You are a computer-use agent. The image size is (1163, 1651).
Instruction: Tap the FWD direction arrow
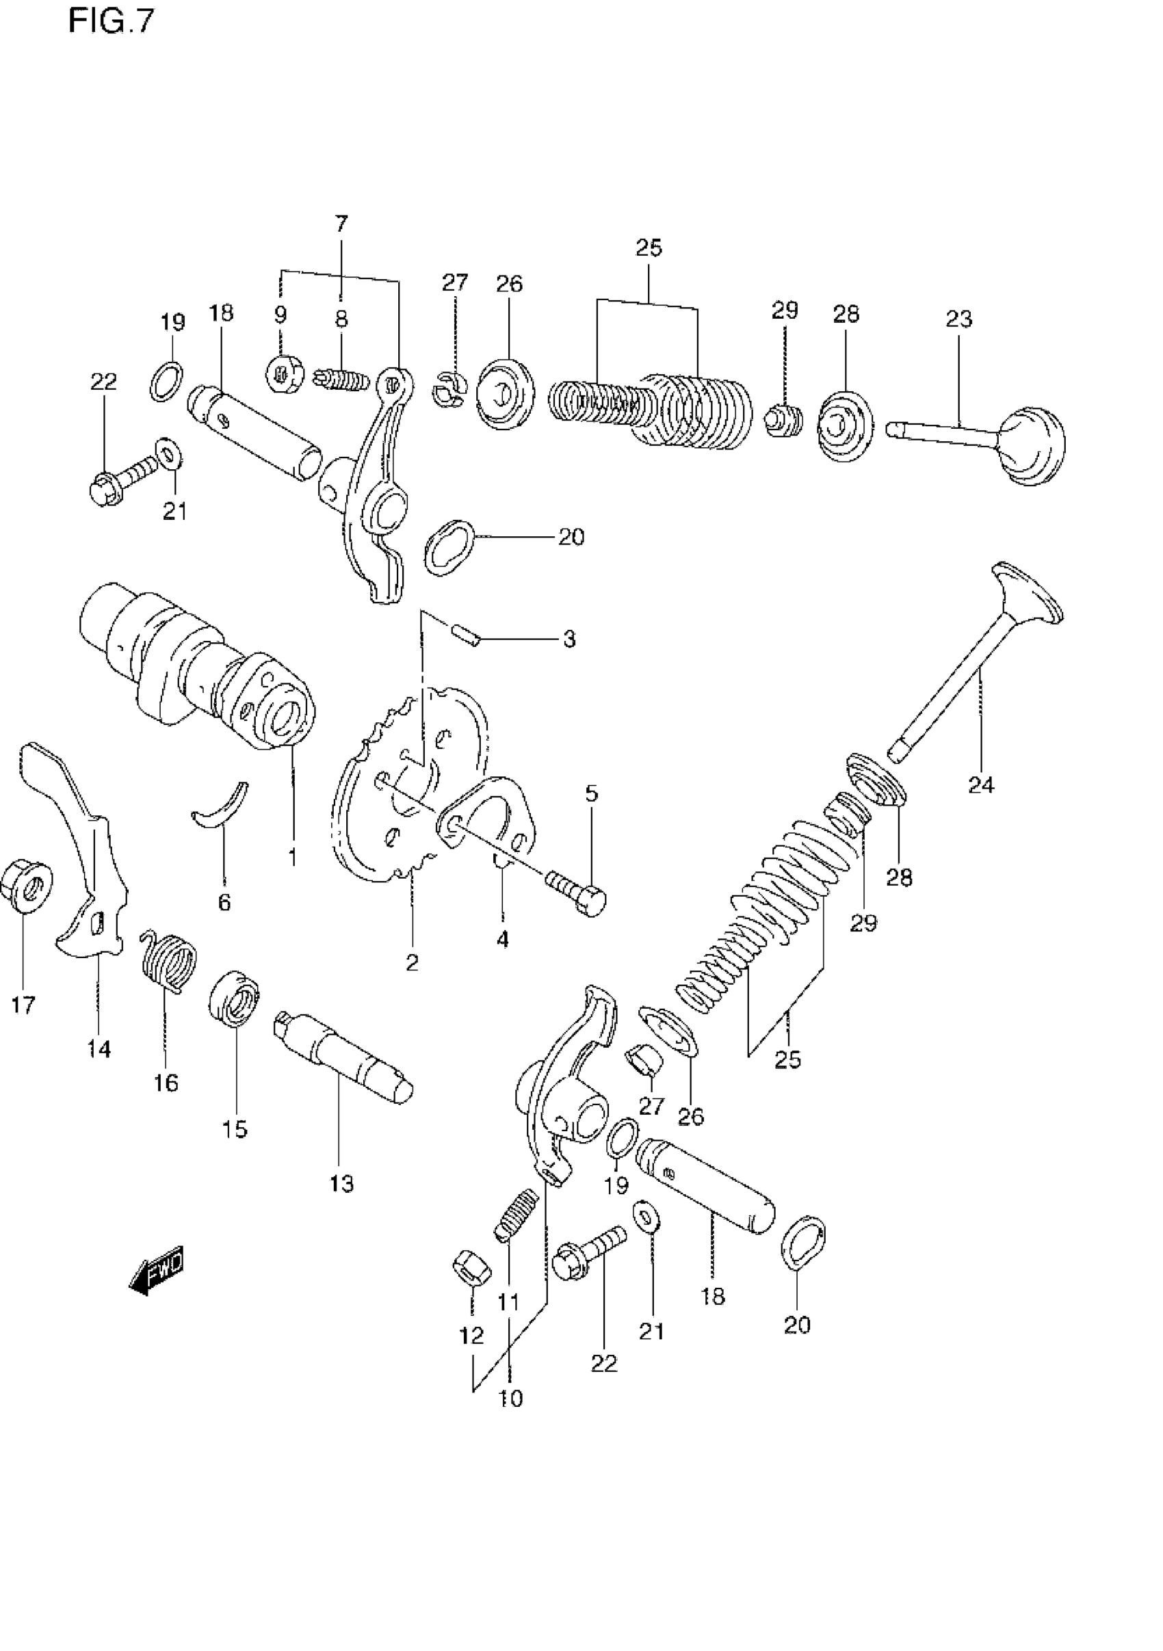[x=157, y=1271]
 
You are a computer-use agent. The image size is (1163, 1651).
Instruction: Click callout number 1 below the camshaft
[x=292, y=857]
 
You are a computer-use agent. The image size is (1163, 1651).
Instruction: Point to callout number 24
[x=980, y=784]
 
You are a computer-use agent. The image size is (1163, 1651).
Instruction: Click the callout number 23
[x=959, y=319]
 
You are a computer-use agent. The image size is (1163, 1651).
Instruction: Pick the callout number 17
[x=23, y=1005]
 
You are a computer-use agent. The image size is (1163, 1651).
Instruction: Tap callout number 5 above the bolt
[x=591, y=794]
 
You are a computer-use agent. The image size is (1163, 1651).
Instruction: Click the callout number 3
[x=569, y=639]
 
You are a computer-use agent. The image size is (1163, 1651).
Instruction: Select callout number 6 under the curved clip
[x=224, y=901]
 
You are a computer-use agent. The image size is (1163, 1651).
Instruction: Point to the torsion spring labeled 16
[x=168, y=960]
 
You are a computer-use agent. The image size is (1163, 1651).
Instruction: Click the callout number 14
[x=99, y=1049]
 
